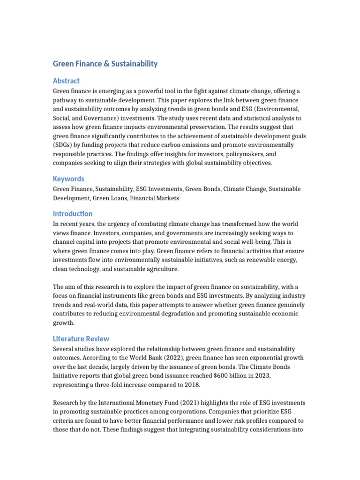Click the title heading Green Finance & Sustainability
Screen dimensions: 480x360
[105, 64]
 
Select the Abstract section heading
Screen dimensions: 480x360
[66, 81]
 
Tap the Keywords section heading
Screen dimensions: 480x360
[68, 179]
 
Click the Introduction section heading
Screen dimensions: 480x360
[73, 214]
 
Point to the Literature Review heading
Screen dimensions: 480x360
[81, 338]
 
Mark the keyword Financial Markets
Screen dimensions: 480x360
[154, 198]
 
